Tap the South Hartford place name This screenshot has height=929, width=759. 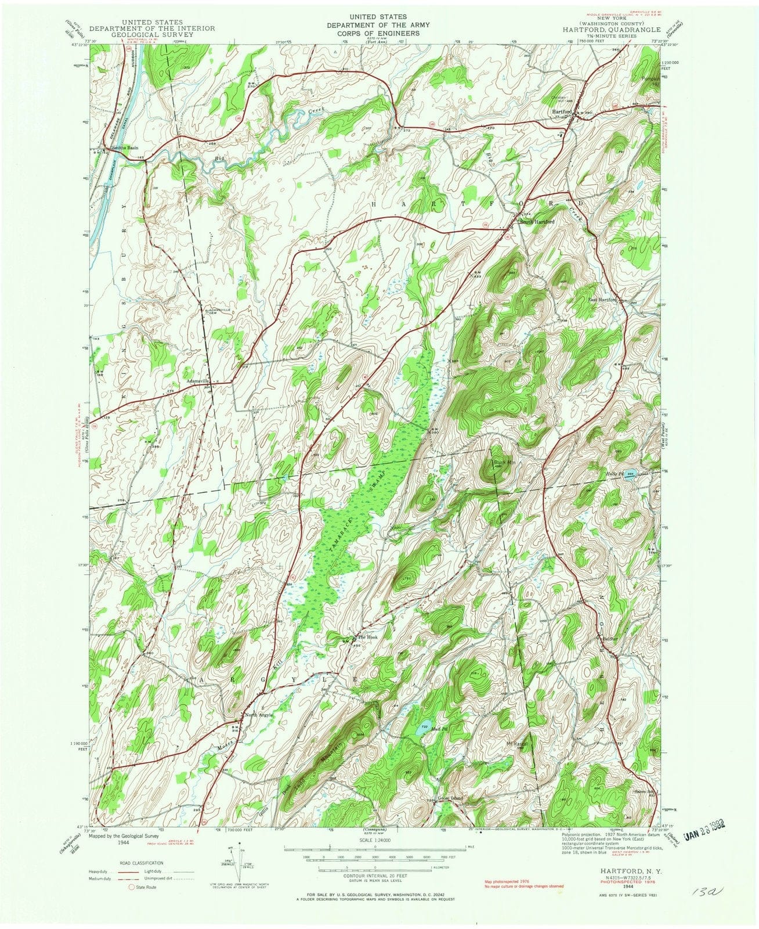tap(537, 222)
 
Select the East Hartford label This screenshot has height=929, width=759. tap(601, 300)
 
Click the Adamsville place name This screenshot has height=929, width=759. tap(197, 381)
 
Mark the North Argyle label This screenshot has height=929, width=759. tap(258, 715)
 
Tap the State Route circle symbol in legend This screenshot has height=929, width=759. tap(131, 888)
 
